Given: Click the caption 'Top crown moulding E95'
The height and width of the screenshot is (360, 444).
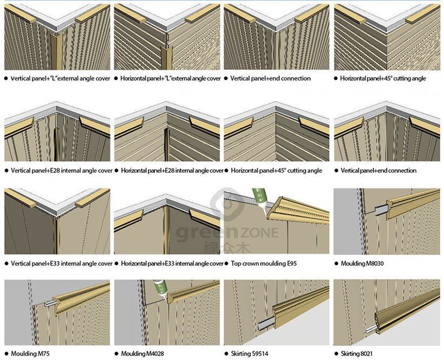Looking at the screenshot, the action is coord(264,264).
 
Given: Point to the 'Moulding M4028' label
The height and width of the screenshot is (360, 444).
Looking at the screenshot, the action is coord(142,354).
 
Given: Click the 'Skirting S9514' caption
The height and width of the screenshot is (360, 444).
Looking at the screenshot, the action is coord(250,354).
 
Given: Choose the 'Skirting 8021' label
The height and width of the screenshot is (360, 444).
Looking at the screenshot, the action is coord(357,354).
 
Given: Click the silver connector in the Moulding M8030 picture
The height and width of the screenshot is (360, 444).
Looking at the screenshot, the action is coord(381,211).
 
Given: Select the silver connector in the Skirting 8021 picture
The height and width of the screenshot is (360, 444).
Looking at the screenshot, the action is coord(371,329).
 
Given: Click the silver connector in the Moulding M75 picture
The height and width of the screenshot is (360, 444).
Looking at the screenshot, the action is coord(49,303).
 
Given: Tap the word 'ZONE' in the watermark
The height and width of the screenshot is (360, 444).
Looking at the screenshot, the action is coord(259,233).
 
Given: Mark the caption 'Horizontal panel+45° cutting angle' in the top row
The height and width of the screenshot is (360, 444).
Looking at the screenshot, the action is coord(383,78).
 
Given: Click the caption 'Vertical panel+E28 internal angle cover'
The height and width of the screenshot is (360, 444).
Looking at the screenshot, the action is coord(62,171).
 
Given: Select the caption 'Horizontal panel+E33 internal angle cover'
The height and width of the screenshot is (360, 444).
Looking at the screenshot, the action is coord(172,264).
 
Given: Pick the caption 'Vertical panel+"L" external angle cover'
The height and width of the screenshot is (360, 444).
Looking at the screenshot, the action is coord(60,78).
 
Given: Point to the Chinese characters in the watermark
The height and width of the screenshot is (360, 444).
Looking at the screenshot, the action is coord(227,247).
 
